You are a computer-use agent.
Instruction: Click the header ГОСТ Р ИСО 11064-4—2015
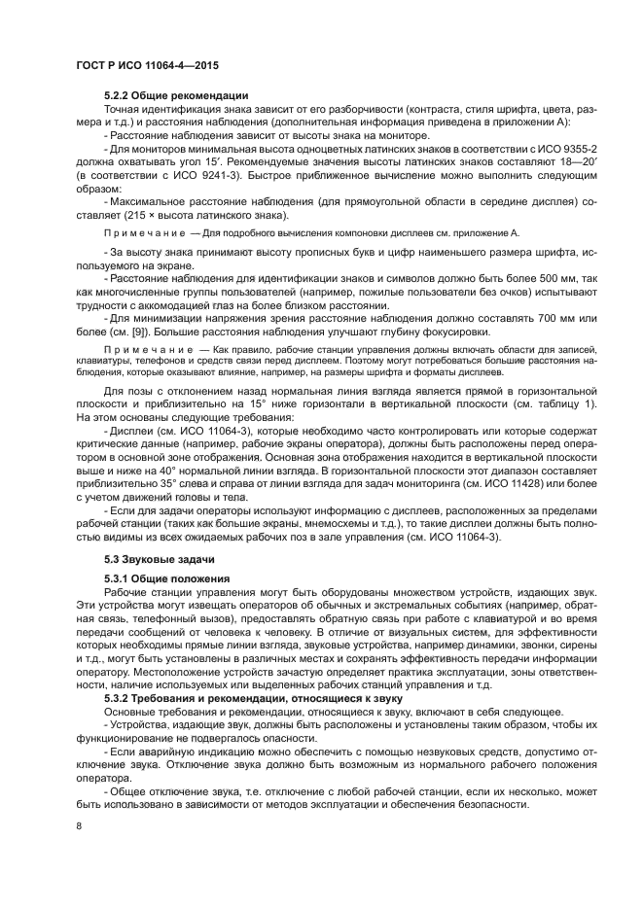pos(147,66)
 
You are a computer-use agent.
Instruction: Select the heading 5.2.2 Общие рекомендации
pos(176,95)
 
